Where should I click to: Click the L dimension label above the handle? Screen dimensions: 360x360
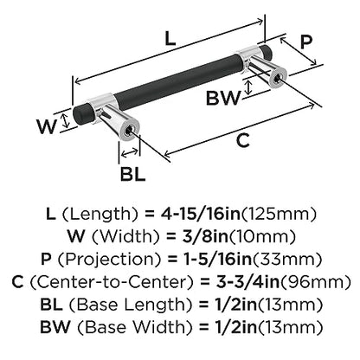coord(170,39)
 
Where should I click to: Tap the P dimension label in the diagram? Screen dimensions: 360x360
coord(305,42)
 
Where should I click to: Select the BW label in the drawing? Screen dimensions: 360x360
coord(223,98)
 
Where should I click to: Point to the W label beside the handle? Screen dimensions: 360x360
coord(46,126)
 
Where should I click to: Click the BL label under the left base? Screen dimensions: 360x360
coord(132,174)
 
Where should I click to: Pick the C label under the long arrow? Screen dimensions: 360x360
coord(242,140)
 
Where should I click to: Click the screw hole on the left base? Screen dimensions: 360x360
coord(128,131)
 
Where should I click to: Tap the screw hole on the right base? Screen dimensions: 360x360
coord(276,76)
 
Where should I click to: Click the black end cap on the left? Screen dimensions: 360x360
coord(80,114)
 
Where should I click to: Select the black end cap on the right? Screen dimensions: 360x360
coord(267,51)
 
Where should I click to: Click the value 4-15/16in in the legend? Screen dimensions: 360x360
coord(199,214)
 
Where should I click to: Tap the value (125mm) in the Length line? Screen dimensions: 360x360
coord(279,214)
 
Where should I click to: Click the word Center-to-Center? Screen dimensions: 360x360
coord(112,282)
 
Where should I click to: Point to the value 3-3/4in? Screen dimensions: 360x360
coord(248,282)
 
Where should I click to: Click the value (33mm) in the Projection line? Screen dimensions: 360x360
coord(287,260)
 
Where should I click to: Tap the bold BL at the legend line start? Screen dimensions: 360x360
coord(52,305)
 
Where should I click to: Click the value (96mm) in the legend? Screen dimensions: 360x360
coord(316,282)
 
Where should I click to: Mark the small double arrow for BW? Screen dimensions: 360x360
coord(247,87)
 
